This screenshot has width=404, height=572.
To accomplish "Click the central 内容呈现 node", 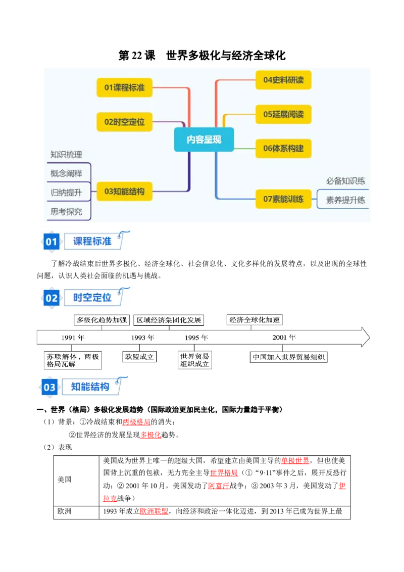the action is (204, 139).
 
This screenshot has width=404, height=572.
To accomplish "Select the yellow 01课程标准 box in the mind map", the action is (124, 87).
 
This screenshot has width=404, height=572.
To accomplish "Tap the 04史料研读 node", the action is (283, 80).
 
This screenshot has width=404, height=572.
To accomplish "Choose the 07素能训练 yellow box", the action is (283, 199).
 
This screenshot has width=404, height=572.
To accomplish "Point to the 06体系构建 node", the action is (283, 149).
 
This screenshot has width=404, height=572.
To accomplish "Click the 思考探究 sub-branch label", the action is (66, 212).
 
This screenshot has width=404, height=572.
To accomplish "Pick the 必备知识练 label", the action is (345, 181).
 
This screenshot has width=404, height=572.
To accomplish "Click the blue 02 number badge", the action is (52, 298).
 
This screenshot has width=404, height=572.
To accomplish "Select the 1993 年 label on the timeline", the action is (142, 338).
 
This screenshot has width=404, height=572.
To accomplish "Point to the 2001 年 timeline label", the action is (284, 338).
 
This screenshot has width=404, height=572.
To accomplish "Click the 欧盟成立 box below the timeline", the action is (139, 357).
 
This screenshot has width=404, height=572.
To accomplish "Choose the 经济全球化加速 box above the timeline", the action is (255, 320).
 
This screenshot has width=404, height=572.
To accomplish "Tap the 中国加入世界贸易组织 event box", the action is (288, 357).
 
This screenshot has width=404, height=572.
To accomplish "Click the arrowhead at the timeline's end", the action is (369, 337).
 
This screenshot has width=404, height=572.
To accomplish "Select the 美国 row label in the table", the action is (65, 480).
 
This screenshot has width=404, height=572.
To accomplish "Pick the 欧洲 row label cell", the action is (65, 511).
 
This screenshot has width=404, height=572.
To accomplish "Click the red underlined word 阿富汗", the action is (219, 486).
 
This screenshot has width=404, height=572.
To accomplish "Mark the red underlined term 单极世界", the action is (295, 461).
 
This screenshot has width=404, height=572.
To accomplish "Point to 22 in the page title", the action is (137, 56).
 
